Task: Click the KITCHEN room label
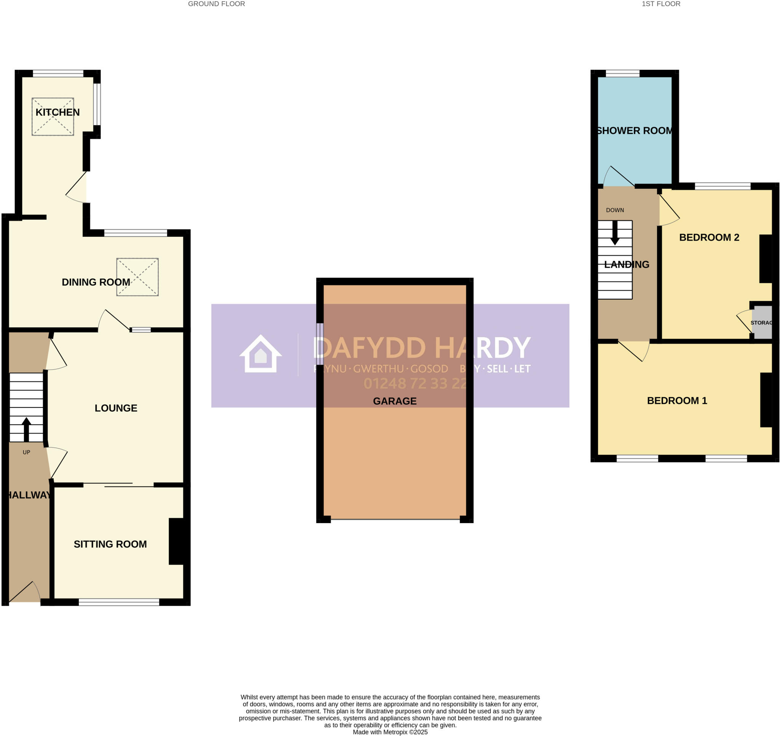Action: (x=57, y=112)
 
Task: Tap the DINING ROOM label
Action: (x=96, y=282)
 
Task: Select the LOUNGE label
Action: (x=116, y=408)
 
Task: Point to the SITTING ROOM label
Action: (x=110, y=544)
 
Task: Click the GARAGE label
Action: (x=394, y=401)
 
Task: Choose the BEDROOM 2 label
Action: (x=709, y=237)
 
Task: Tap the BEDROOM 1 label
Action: (x=677, y=401)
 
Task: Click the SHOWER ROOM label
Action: (x=635, y=131)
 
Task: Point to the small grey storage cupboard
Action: (x=762, y=323)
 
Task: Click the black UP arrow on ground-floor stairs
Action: (x=26, y=429)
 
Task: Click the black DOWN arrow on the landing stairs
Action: (x=615, y=233)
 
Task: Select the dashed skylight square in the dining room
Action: (x=137, y=277)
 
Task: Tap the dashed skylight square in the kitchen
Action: (x=53, y=117)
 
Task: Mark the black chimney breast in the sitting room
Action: (x=177, y=542)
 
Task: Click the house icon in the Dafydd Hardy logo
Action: (x=261, y=354)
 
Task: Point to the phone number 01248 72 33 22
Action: (x=415, y=383)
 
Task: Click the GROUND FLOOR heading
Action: (x=216, y=4)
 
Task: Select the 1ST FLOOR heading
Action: (x=661, y=4)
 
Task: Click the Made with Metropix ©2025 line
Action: (x=390, y=732)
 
